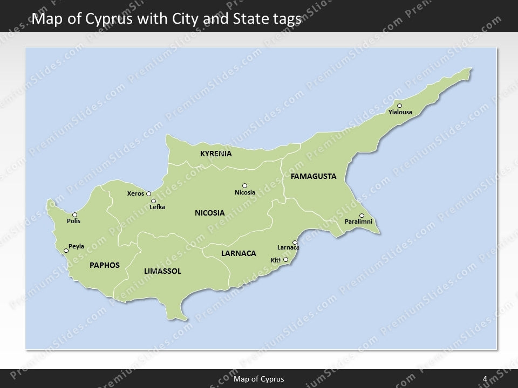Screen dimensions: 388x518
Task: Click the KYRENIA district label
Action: point(216,154)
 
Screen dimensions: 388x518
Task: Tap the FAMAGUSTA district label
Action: point(313,176)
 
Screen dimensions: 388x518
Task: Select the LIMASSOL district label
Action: point(162,271)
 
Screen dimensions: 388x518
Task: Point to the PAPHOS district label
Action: point(104,265)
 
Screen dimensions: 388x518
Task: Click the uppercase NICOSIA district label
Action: point(210,213)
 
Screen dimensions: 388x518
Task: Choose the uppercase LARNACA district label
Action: point(238,253)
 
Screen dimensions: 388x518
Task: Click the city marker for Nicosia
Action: point(244,185)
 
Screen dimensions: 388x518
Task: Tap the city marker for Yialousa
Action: point(399,106)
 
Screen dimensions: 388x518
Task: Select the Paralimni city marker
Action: point(362,216)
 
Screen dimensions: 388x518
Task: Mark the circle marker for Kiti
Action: point(285,260)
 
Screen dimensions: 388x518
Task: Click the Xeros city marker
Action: point(148,193)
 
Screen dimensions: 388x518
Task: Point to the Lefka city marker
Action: point(153,201)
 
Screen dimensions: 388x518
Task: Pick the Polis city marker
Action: point(74,214)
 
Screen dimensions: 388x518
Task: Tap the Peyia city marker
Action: point(66,250)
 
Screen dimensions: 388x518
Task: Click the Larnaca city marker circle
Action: point(295,242)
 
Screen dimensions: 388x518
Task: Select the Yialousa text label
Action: point(400,113)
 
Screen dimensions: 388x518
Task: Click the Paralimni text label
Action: point(358,221)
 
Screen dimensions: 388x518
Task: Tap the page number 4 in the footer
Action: point(485,379)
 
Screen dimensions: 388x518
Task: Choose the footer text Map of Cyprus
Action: point(259,379)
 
